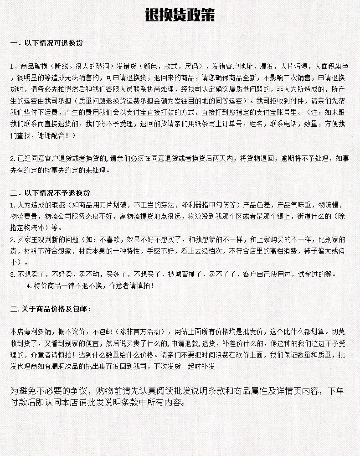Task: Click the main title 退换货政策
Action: [180, 16]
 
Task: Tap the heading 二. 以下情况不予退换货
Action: [50, 192]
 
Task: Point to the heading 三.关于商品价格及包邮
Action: [51, 309]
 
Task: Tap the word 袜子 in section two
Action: [310, 251]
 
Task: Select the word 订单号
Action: [219, 124]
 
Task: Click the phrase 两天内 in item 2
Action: [226, 159]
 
